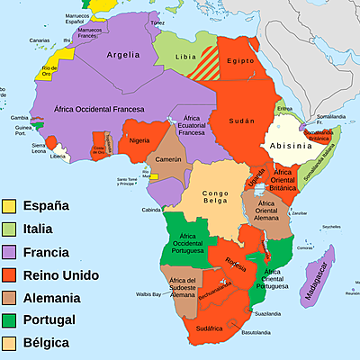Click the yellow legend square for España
11,205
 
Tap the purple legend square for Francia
11,251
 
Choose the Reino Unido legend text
60,274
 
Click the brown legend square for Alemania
11,297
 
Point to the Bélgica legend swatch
11,342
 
